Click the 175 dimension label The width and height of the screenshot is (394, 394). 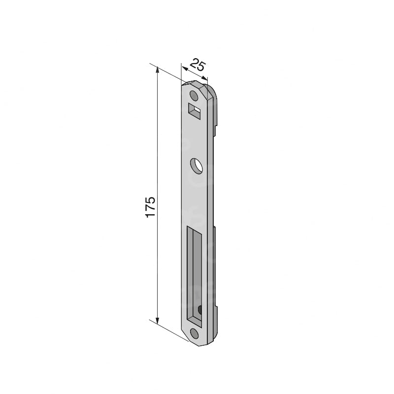tap(150, 207)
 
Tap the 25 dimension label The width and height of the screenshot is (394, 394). tap(198, 65)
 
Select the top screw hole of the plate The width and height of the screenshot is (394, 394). tap(194, 96)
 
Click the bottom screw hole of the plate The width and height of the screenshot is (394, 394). tap(194, 333)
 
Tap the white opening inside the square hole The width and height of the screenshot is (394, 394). tap(198, 109)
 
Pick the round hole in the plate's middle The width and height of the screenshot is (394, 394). tap(196, 165)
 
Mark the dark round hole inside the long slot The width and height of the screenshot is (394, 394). tap(200, 310)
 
